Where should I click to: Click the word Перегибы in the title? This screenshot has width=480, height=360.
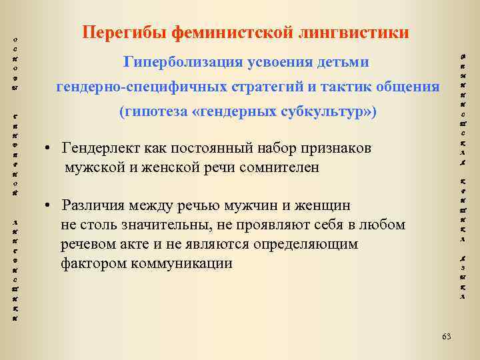[124, 32]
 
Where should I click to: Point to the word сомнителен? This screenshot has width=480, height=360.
[279, 167]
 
